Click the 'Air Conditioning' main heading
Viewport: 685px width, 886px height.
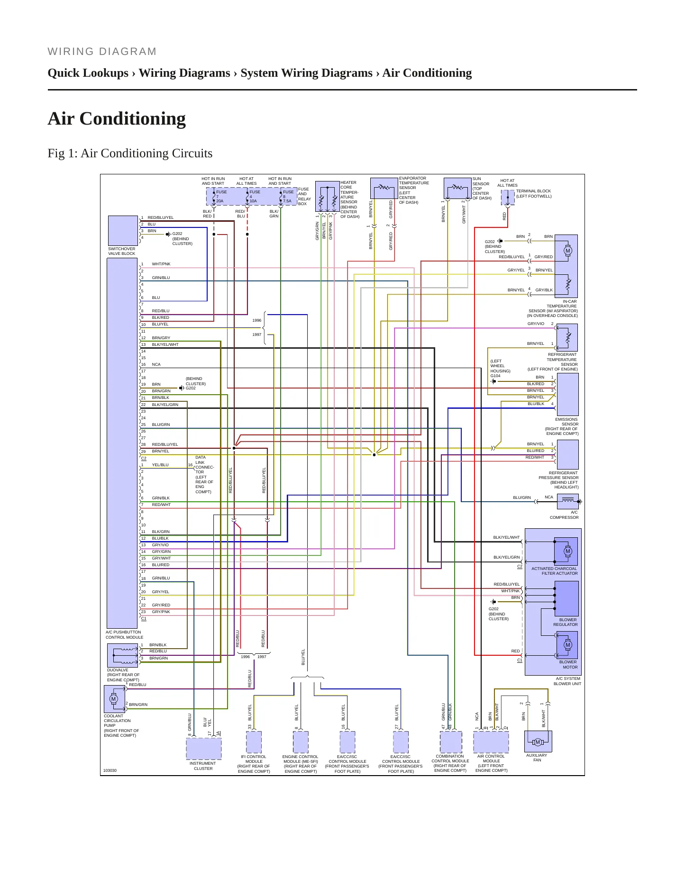coord(117,118)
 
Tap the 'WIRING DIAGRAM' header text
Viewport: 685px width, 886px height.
coord(102,52)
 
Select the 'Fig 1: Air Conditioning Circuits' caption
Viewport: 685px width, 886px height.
coord(130,153)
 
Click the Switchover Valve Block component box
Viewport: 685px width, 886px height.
coord(123,231)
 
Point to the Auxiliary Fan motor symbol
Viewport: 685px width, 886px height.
coord(538,742)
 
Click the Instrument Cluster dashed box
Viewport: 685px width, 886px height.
coord(203,749)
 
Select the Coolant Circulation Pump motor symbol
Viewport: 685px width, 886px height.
coord(113,699)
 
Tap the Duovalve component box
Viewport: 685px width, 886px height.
coord(122,655)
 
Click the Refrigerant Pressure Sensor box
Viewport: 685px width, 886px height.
coord(567,454)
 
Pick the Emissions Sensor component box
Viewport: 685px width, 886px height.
coord(567,394)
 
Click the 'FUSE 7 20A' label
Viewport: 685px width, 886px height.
coord(221,197)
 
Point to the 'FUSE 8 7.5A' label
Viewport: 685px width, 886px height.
coord(288,197)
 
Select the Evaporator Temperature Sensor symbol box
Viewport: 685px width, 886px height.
coord(384,189)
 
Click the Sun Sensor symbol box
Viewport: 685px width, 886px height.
coord(457,189)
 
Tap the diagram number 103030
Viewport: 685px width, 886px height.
coord(110,770)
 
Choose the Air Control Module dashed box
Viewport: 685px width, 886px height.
coord(491,742)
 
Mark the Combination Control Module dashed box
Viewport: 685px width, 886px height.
coord(451,742)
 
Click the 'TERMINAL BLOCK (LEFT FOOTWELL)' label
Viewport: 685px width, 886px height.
coord(534,194)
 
